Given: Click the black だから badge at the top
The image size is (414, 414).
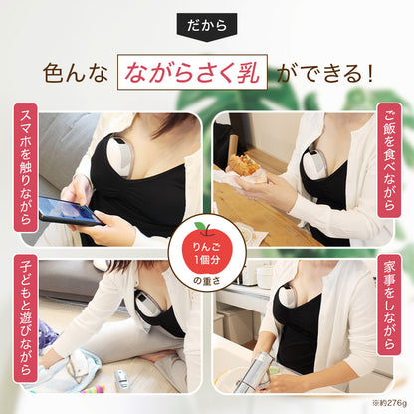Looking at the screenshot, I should pyautogui.click(x=206, y=23).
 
